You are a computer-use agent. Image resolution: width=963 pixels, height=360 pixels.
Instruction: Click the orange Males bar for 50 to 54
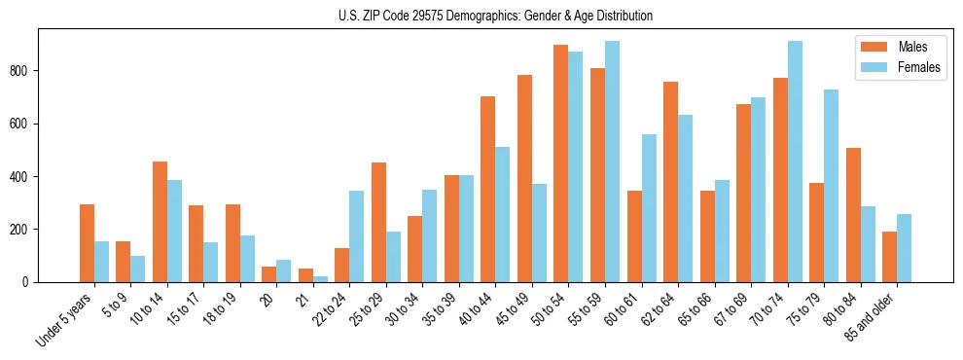pos(561,163)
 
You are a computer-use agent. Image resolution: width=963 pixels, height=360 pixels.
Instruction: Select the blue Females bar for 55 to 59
pos(612,162)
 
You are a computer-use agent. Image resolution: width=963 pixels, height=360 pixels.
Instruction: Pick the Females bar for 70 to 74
pos(795,162)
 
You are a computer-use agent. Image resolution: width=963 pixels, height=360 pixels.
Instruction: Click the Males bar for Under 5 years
pos(87,243)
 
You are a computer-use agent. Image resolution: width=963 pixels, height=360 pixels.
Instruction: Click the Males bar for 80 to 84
pos(853,215)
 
